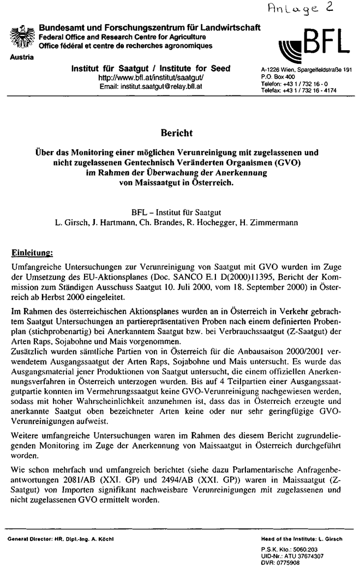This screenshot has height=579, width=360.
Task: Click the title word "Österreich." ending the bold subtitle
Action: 211,183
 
